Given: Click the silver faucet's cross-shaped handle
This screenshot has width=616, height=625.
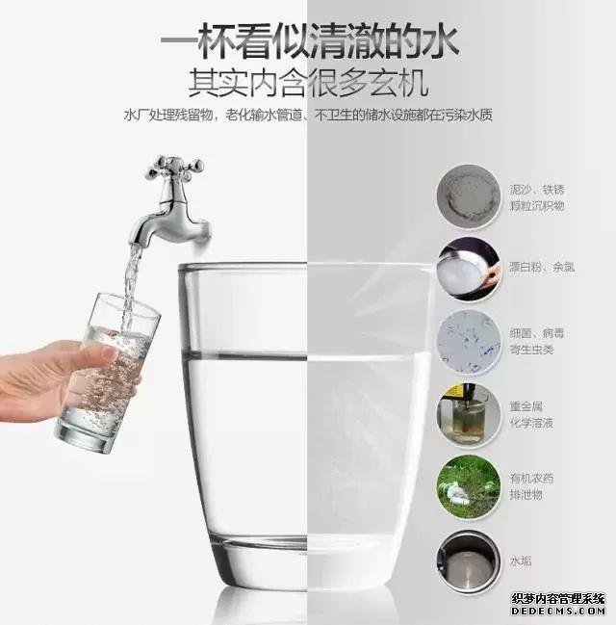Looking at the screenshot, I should pyautogui.click(x=173, y=167).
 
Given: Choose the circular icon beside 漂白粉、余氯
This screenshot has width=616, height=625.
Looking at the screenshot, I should pyautogui.click(x=469, y=270).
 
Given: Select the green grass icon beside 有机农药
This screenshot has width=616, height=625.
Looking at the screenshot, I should pyautogui.click(x=469, y=487).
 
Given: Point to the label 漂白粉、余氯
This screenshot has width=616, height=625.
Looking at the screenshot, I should pyautogui.click(x=542, y=267).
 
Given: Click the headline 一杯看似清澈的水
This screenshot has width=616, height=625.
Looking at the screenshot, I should pyautogui.click(x=308, y=43).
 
